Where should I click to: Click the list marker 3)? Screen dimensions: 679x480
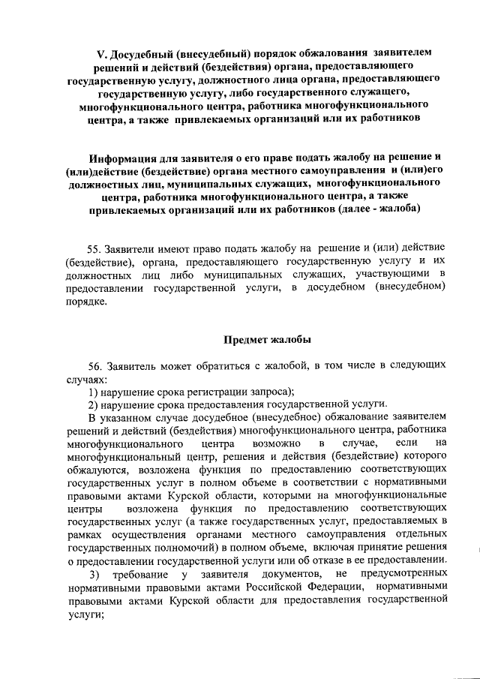coord(94,575)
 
